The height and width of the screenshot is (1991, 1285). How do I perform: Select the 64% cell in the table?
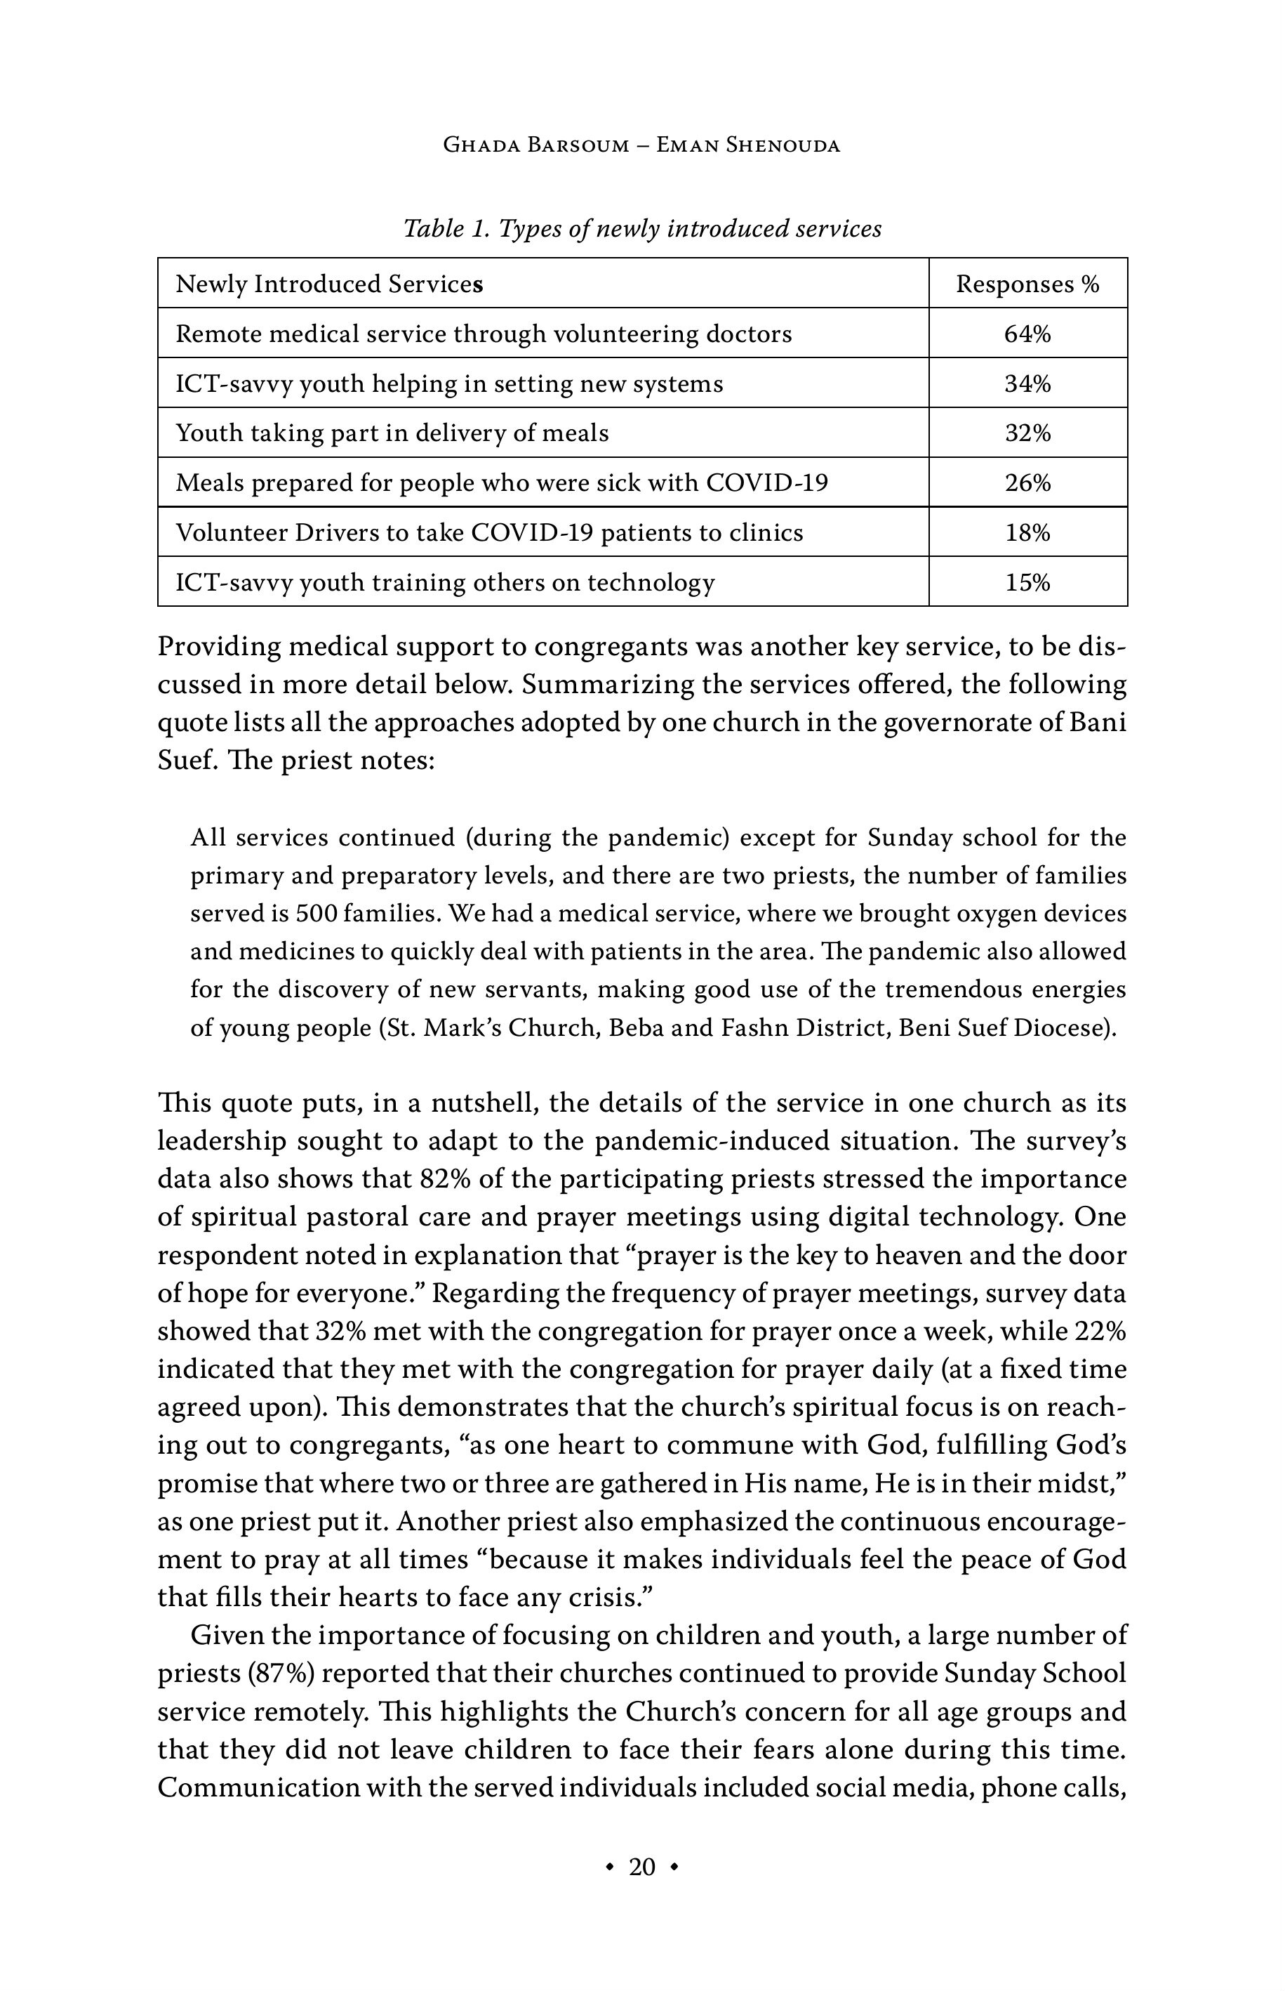coord(1027,334)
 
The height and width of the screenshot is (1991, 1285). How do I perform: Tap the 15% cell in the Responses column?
coord(1027,582)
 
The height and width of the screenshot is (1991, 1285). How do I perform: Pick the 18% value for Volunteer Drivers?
coord(1027,532)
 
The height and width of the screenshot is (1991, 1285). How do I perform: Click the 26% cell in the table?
coord(1027,482)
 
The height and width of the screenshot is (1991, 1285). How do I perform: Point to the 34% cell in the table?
coord(1027,384)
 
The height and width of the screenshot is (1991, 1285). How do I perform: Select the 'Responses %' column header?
coord(1027,284)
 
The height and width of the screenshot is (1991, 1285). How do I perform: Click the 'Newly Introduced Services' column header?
coord(330,284)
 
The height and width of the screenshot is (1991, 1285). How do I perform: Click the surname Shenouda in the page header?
coord(782,145)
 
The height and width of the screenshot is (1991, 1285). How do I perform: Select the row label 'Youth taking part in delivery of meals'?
coord(392,433)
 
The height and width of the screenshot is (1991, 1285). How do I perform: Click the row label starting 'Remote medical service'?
coord(484,334)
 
